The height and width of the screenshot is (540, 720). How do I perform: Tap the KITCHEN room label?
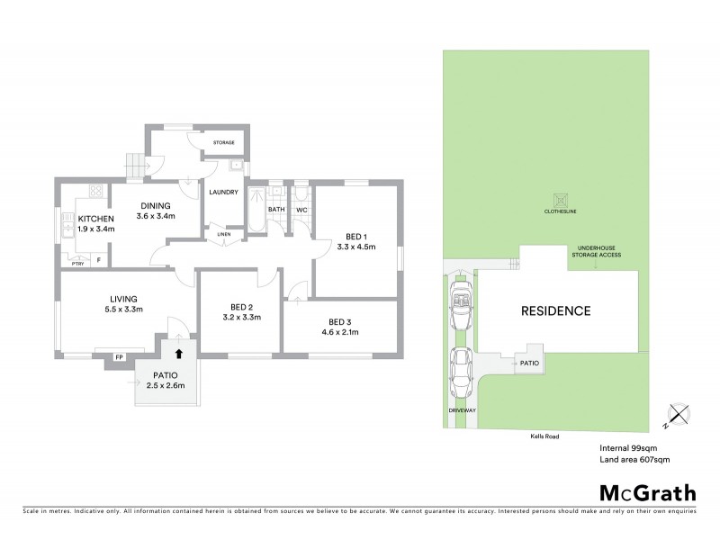coord(95,219)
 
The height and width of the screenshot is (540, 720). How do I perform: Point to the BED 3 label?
coord(340,322)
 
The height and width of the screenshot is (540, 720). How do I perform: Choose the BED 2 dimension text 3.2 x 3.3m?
coord(240,317)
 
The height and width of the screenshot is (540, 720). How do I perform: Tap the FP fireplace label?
coord(118,357)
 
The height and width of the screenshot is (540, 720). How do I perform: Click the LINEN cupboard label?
coord(224,235)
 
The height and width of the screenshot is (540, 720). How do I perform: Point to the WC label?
coord(301,210)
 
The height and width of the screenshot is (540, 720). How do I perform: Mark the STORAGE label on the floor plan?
coord(223,142)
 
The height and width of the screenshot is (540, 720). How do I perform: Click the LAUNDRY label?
coord(223,192)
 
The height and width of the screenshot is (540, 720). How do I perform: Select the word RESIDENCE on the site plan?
coord(556,311)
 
